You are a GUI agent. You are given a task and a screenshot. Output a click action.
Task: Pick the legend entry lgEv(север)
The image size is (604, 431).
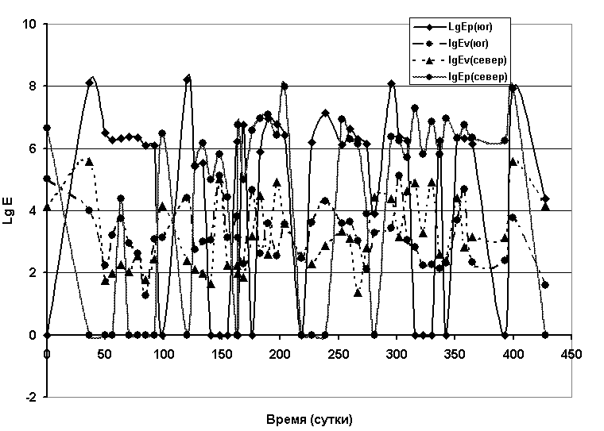tap(476, 60)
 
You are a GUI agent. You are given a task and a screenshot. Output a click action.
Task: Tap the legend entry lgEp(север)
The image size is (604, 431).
tap(476, 76)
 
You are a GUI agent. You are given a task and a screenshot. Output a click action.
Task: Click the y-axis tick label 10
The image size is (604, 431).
tap(30, 24)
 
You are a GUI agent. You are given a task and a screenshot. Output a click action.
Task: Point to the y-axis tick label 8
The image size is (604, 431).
tap(33, 86)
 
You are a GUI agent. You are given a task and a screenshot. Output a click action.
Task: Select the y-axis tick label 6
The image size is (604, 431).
tap(33, 148)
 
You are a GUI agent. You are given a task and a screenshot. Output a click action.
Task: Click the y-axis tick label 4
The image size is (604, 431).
tap(33, 210)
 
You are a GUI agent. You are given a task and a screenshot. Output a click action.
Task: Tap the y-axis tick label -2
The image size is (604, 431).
tap(32, 397)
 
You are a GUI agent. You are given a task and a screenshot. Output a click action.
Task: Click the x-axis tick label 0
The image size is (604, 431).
tap(47, 352)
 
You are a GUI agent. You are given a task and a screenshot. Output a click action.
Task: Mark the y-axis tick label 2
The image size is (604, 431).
tap(33, 272)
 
